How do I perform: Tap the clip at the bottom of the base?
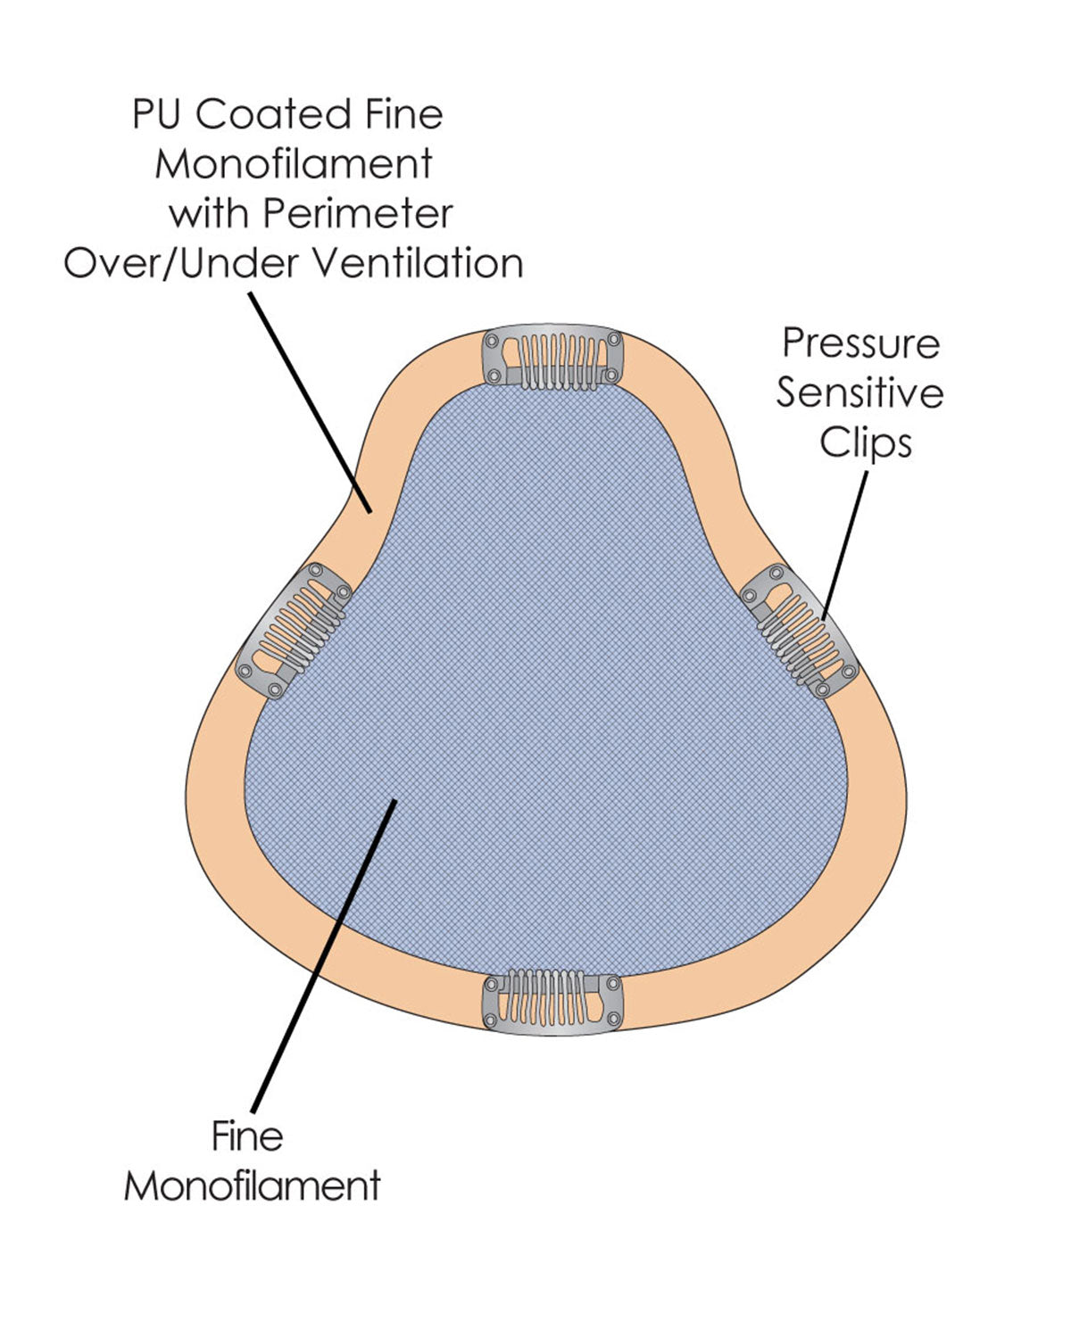coord(552,1004)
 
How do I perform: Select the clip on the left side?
coord(294,630)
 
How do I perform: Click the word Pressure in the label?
coord(860,343)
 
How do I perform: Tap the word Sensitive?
coord(859,393)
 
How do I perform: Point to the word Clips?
coord(866,442)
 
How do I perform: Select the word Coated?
coord(271,115)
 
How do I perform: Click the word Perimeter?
coord(358,214)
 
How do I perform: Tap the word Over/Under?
coord(182,264)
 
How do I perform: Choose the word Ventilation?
coord(418,264)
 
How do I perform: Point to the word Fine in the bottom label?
coord(247,1136)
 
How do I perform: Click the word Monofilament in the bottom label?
coord(253,1186)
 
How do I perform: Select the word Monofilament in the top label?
coord(294,165)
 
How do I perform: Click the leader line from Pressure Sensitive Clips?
coord(843,544)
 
